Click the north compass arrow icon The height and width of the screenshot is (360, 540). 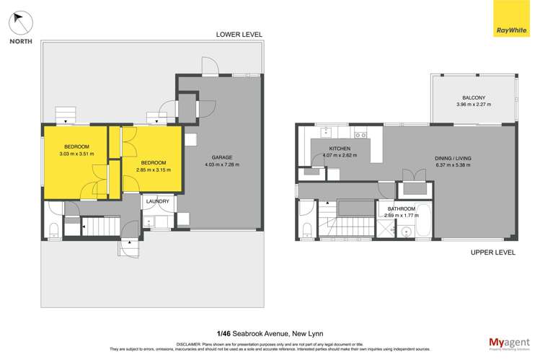click(x=20, y=22)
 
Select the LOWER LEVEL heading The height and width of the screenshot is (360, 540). click(x=240, y=35)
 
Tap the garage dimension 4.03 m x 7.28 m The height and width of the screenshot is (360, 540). click(x=221, y=164)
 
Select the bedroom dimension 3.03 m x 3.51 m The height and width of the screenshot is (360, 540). click(x=76, y=153)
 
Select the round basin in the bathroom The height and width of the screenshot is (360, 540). click(x=405, y=232)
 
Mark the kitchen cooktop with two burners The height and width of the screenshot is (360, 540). click(x=360, y=134)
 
